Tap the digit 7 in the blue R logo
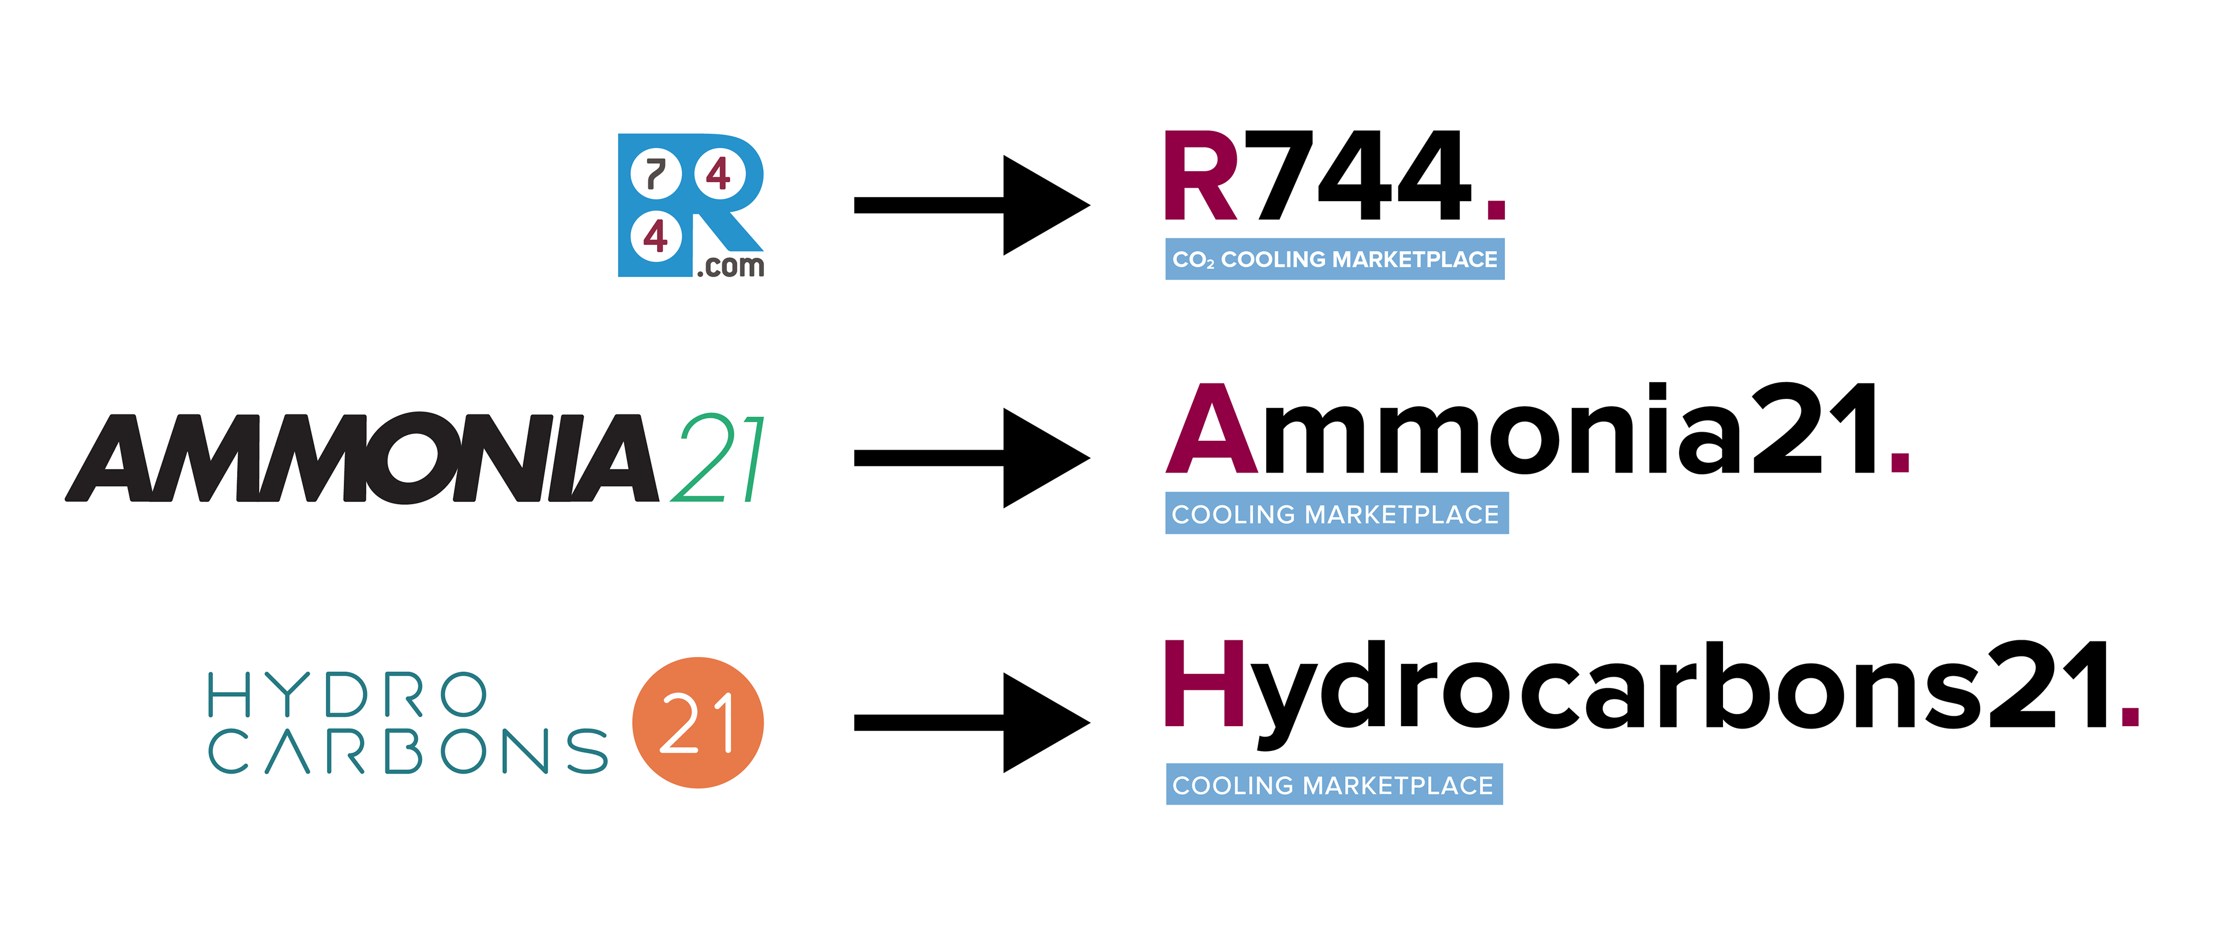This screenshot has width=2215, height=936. (656, 175)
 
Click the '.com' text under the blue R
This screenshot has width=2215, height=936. (730, 266)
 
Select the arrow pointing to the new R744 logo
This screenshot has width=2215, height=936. (971, 205)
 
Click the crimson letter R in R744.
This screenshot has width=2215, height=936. (1200, 176)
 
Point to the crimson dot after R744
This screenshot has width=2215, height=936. (1496, 209)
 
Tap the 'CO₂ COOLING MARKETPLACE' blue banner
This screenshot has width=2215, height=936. (1335, 259)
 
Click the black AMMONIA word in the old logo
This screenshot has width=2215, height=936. (361, 458)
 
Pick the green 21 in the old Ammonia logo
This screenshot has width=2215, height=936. (718, 458)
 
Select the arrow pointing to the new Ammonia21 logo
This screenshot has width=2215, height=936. (971, 458)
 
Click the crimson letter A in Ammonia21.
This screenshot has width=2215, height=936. (1211, 430)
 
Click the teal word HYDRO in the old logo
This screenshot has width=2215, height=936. (347, 695)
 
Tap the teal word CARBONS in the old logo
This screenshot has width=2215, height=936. (408, 752)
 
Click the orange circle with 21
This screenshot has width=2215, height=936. (697, 723)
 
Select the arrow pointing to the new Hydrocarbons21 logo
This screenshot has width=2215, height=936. (971, 723)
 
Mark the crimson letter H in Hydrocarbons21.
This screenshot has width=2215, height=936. (1204, 684)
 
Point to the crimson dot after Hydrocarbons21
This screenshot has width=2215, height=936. (2130, 715)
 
